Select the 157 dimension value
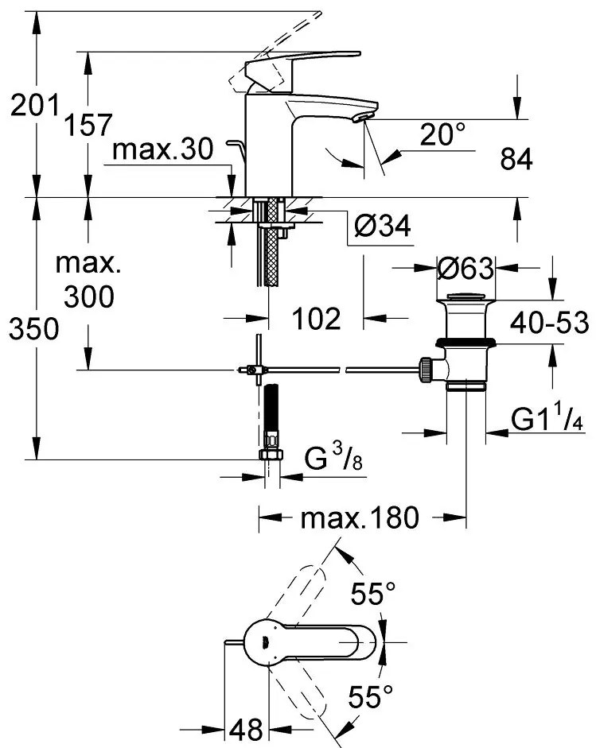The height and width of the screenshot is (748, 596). pos(88,124)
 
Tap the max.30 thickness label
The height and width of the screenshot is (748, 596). pos(164,150)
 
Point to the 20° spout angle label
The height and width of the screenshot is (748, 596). pos(442,135)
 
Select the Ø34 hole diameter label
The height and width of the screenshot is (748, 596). pos(381,228)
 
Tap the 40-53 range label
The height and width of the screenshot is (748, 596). pos(548,323)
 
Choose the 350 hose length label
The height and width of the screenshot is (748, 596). pos(34,328)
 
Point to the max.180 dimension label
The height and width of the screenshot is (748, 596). pos(359,519)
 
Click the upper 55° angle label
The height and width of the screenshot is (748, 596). pos(373,593)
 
